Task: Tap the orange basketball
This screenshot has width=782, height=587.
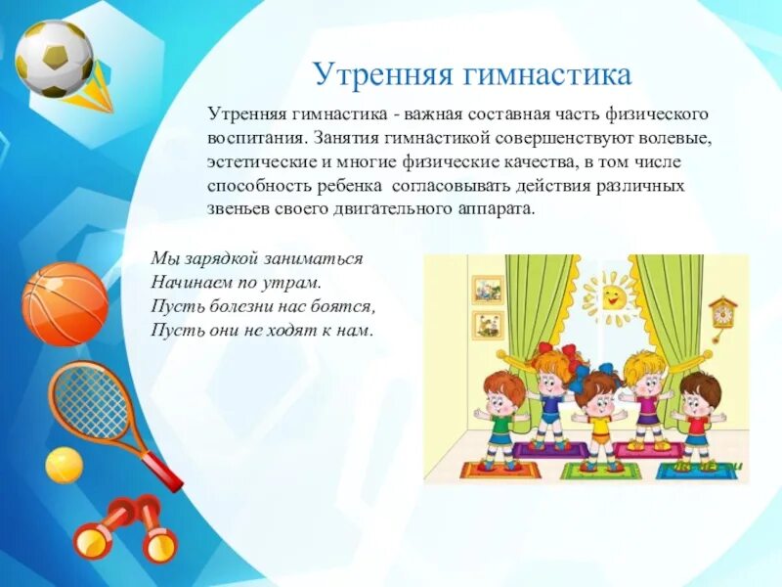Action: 65,303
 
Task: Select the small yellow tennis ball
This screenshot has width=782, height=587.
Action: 64,465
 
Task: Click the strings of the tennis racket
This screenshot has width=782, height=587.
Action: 92,401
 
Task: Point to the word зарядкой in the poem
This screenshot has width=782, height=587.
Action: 221,259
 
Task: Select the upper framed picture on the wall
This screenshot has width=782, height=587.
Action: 486,289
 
